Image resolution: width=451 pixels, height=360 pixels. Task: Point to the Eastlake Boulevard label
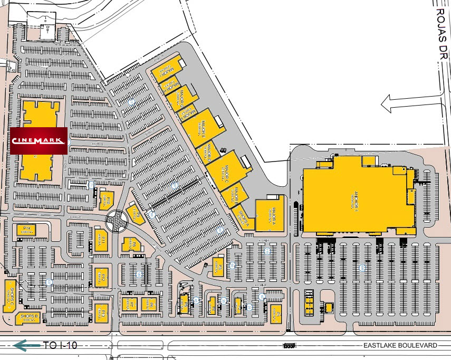(x=401, y=345)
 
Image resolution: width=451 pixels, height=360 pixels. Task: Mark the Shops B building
(x=30, y=318)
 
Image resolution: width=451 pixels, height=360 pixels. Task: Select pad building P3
(x=218, y=268)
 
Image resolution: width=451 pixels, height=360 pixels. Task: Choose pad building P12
(x=100, y=276)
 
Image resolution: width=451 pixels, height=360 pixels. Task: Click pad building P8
(x=129, y=244)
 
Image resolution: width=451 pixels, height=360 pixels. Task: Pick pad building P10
(x=105, y=200)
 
